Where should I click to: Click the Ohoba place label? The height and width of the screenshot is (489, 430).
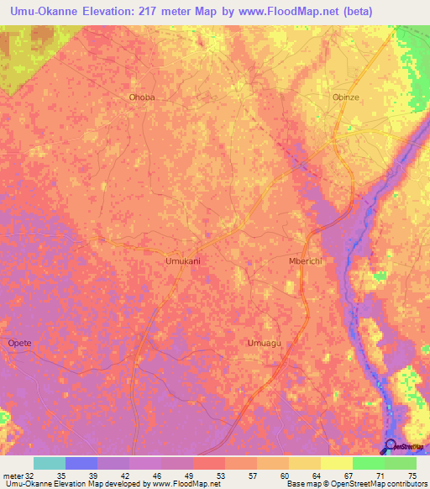pos(142,97)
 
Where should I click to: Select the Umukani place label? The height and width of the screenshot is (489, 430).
pos(181,261)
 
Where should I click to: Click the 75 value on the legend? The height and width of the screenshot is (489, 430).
pos(412,475)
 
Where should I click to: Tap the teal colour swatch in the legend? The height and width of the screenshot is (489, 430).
pos(49,463)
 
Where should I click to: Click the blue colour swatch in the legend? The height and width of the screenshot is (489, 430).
pos(81,463)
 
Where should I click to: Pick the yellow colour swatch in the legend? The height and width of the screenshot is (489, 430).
pos(337,463)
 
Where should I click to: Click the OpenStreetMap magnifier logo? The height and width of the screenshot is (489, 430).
pos(390,445)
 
